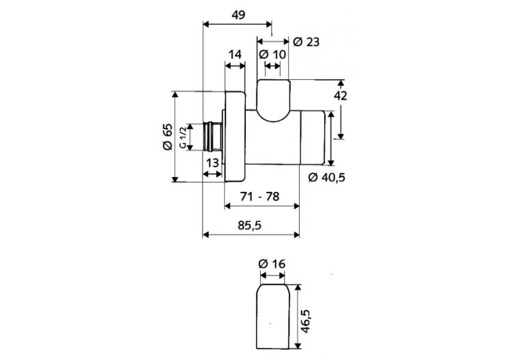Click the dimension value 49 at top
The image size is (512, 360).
point(238,14)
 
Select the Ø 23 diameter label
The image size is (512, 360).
point(306,42)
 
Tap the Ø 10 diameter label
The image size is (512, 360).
point(272,54)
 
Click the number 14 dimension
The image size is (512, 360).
point(235,54)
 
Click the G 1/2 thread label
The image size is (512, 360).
point(182,137)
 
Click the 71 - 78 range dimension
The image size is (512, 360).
point(260,196)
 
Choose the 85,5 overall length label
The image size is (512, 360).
point(251,225)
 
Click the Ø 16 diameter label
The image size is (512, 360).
point(272,264)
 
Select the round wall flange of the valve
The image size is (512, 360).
point(234,137)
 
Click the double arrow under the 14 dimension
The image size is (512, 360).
point(235,66)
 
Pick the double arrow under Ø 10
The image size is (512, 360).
point(272,66)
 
